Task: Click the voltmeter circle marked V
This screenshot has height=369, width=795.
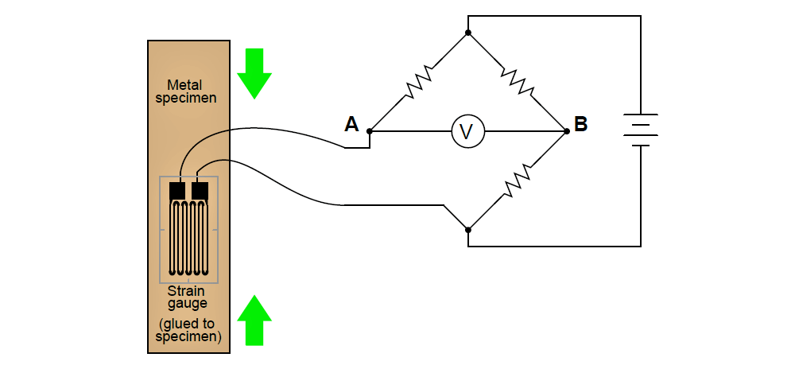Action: [468, 131]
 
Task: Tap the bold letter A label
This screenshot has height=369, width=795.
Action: [351, 124]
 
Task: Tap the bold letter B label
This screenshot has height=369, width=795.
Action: [580, 124]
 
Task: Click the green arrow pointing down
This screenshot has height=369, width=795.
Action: [254, 73]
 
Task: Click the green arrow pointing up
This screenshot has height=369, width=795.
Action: [254, 320]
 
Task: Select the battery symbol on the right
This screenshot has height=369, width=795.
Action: [641, 130]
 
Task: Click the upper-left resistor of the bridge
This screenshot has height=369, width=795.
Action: [418, 81]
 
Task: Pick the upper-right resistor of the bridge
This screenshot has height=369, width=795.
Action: [518, 82]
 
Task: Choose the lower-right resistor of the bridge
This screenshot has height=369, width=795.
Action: [518, 181]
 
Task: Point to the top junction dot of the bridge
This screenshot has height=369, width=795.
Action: [468, 33]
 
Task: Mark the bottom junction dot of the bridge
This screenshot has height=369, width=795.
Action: [468, 230]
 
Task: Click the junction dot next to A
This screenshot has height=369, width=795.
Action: [370, 131]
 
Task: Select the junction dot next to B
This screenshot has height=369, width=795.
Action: [567, 131]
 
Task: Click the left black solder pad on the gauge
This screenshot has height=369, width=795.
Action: [177, 191]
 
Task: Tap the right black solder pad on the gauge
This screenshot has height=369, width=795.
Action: [200, 191]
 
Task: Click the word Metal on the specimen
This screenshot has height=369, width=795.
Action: [185, 85]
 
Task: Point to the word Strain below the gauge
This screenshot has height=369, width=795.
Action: [186, 291]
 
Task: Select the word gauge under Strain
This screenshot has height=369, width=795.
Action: [188, 304]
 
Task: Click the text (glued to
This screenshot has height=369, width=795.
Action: [187, 324]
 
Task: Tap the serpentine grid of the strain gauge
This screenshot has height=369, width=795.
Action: [188, 239]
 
